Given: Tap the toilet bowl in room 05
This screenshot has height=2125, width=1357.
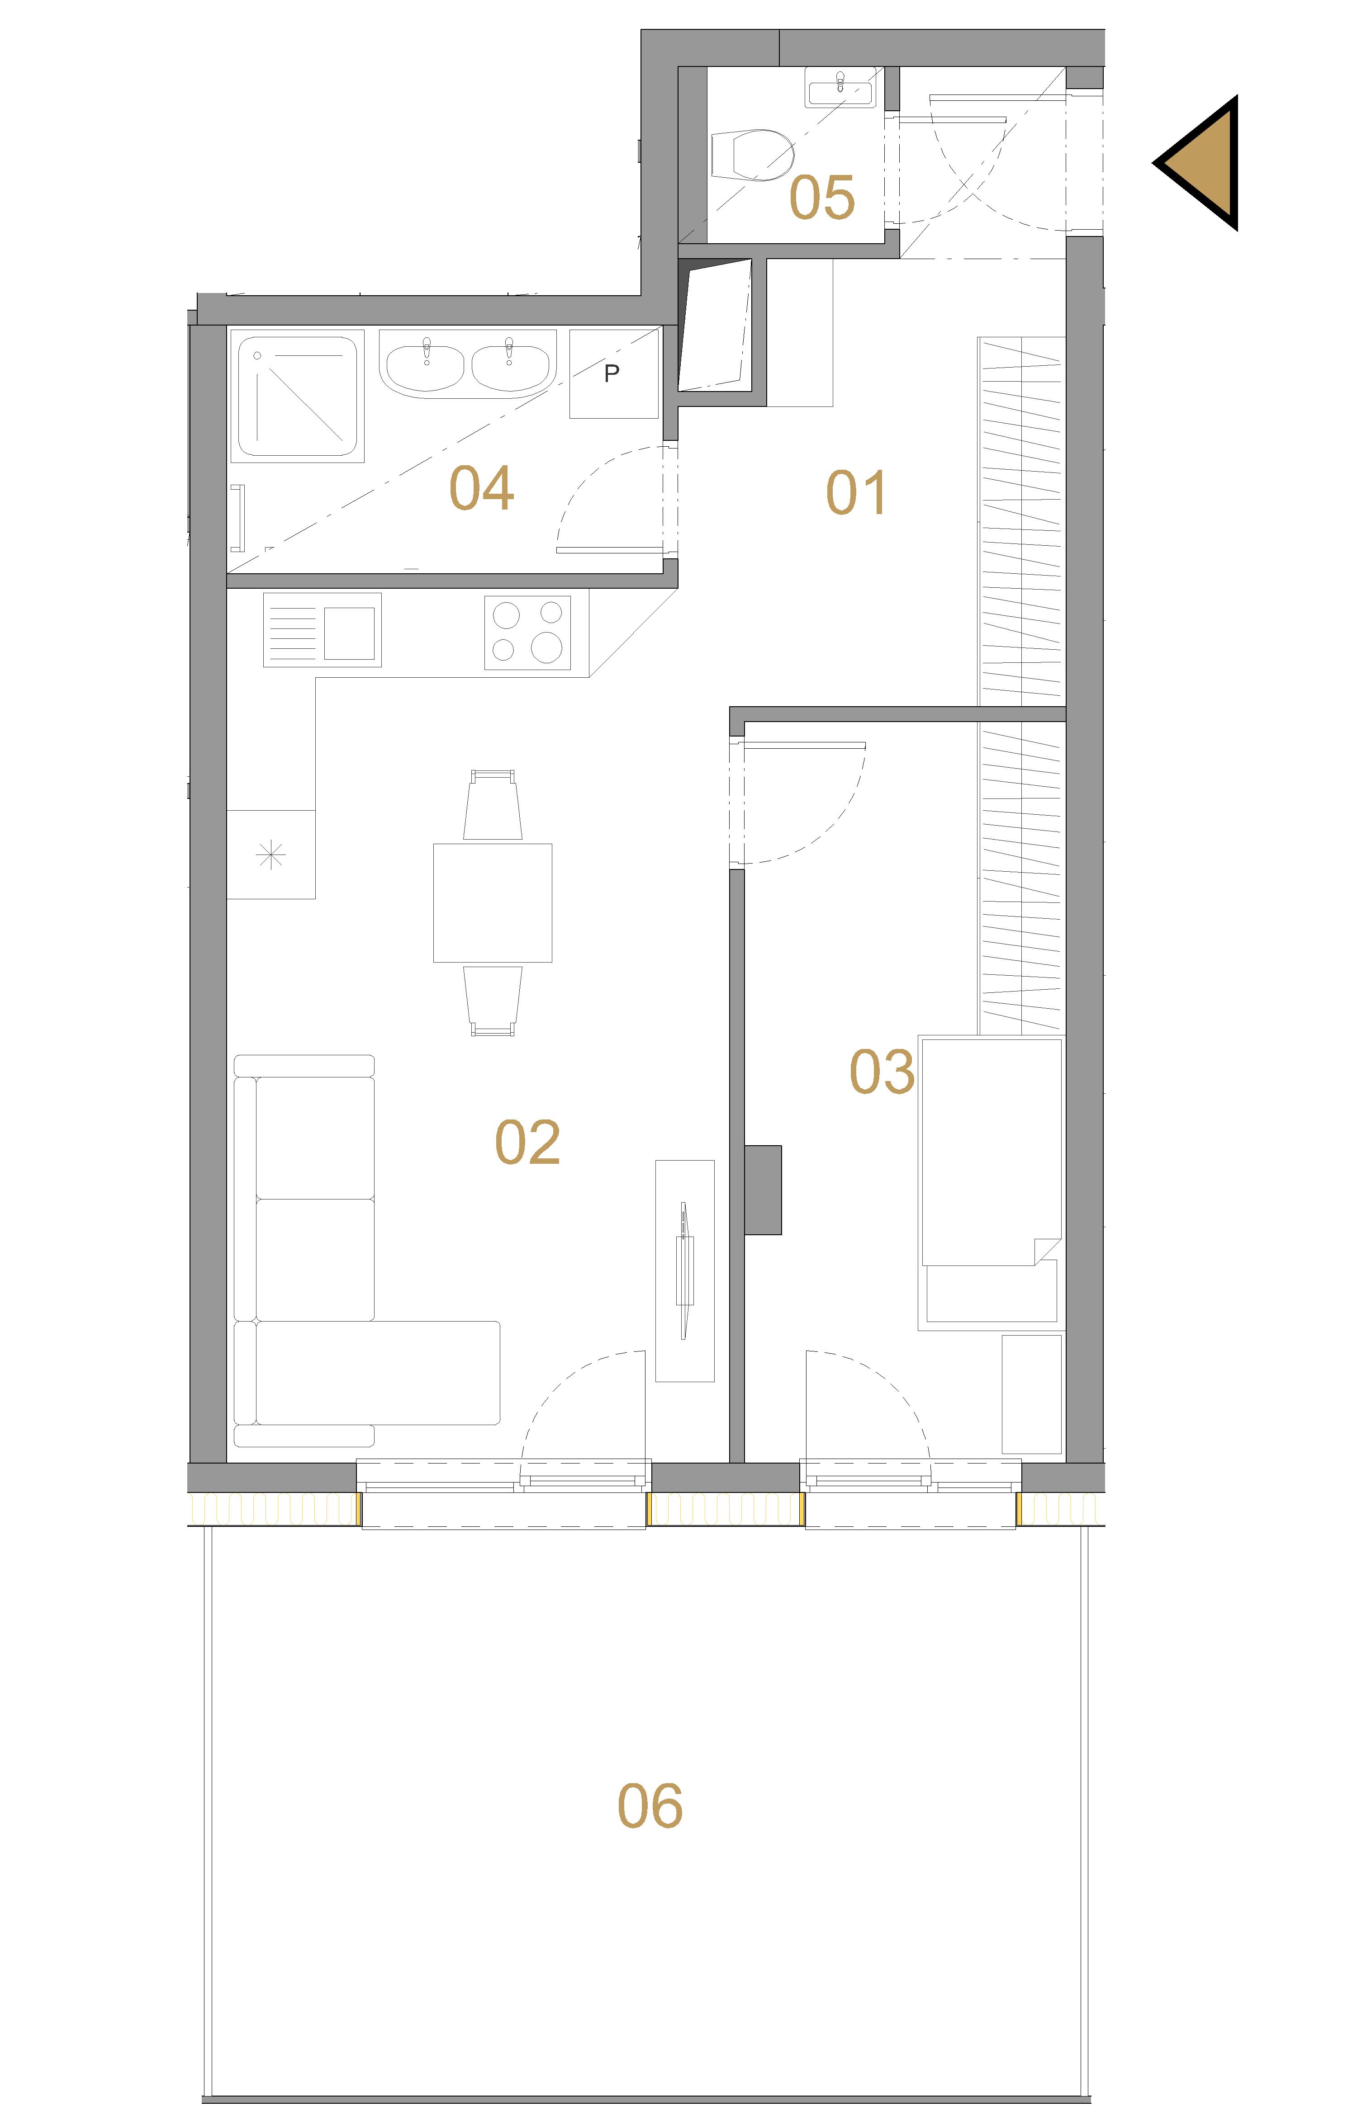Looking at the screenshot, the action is [752, 156].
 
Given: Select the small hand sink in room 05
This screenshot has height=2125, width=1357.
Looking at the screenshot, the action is [840, 88].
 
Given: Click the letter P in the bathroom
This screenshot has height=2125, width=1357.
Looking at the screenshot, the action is [611, 373].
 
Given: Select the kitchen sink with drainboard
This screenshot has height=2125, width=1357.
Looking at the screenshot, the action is [322, 629].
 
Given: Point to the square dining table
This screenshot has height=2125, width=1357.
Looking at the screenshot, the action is [493, 903].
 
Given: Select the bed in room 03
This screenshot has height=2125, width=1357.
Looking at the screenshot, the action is [991, 1182].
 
